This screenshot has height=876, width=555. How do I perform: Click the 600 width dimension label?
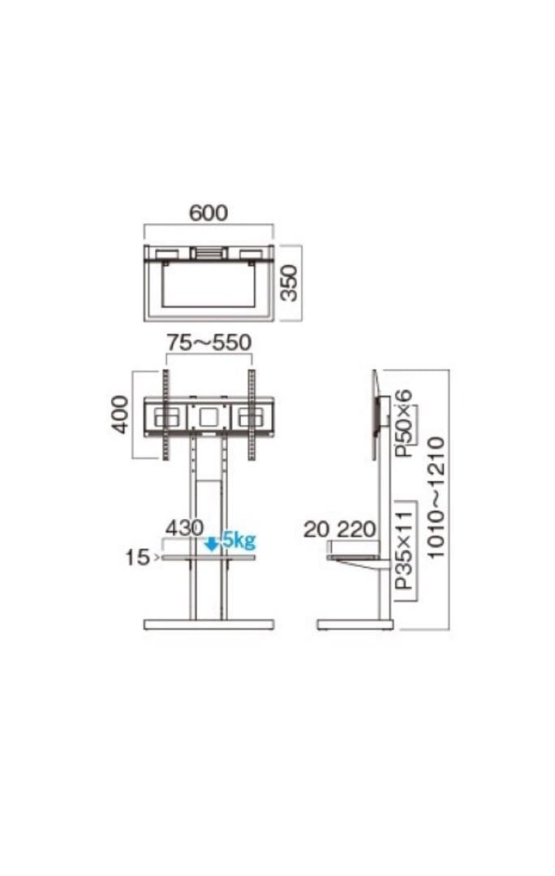pyautogui.click(x=209, y=213)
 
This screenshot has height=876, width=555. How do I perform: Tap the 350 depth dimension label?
pyautogui.click(x=290, y=283)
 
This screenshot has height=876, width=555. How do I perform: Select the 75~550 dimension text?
pyautogui.click(x=209, y=342)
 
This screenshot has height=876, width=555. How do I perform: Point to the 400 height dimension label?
pyautogui.click(x=119, y=414)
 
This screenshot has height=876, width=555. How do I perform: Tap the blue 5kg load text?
pyautogui.click(x=239, y=540)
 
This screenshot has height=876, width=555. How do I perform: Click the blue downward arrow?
pyautogui.click(x=211, y=544)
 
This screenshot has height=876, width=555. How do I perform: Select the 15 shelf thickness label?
pyautogui.click(x=137, y=557)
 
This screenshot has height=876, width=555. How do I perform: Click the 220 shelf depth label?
pyautogui.click(x=356, y=529)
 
